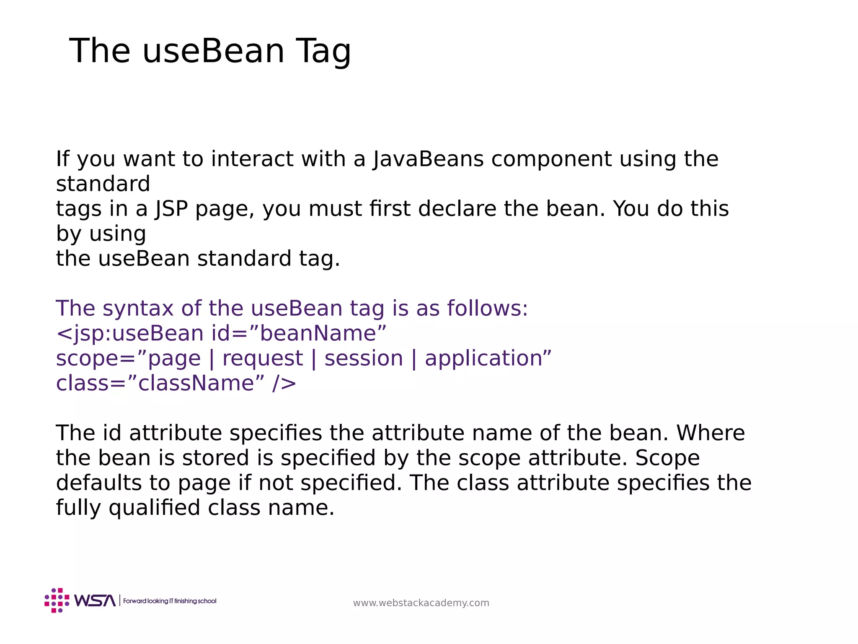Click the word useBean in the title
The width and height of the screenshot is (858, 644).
(213, 51)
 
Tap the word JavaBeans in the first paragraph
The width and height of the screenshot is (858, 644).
(428, 159)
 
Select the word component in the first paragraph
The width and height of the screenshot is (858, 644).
(551, 160)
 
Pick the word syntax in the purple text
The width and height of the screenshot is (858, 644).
(138, 309)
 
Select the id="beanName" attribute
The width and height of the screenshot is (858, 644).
(299, 333)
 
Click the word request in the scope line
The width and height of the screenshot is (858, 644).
(262, 359)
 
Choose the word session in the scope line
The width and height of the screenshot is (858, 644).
(364, 358)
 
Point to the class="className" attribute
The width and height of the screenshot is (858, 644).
(160, 383)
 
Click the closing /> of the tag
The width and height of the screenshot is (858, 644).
(284, 384)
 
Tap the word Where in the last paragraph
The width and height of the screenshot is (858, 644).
(711, 433)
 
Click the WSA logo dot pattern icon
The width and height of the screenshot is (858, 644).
(57, 600)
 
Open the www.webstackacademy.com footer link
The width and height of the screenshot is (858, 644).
(421, 603)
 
